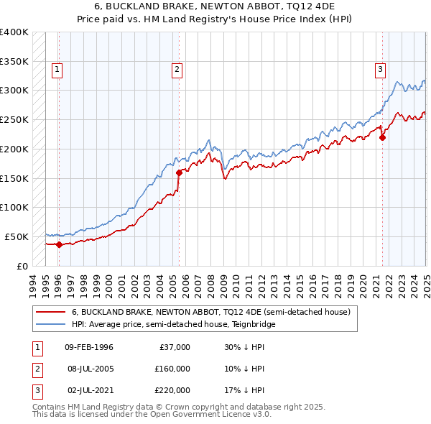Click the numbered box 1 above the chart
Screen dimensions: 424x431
[57, 70]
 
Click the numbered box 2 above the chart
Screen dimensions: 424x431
[176, 70]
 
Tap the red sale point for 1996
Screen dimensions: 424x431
[59, 244]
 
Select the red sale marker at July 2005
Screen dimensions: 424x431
[179, 172]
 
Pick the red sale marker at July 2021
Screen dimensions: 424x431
[383, 137]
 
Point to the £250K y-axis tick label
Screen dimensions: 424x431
[14, 120]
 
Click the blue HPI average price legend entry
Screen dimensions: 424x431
[173, 324]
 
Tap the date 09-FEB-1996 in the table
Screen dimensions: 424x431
[89, 347]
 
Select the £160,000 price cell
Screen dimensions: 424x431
[172, 369]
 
